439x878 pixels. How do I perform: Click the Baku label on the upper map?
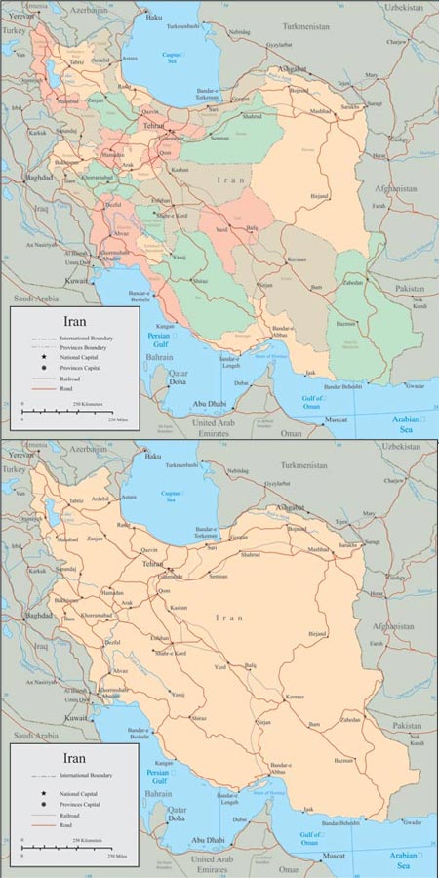coord(152,17)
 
